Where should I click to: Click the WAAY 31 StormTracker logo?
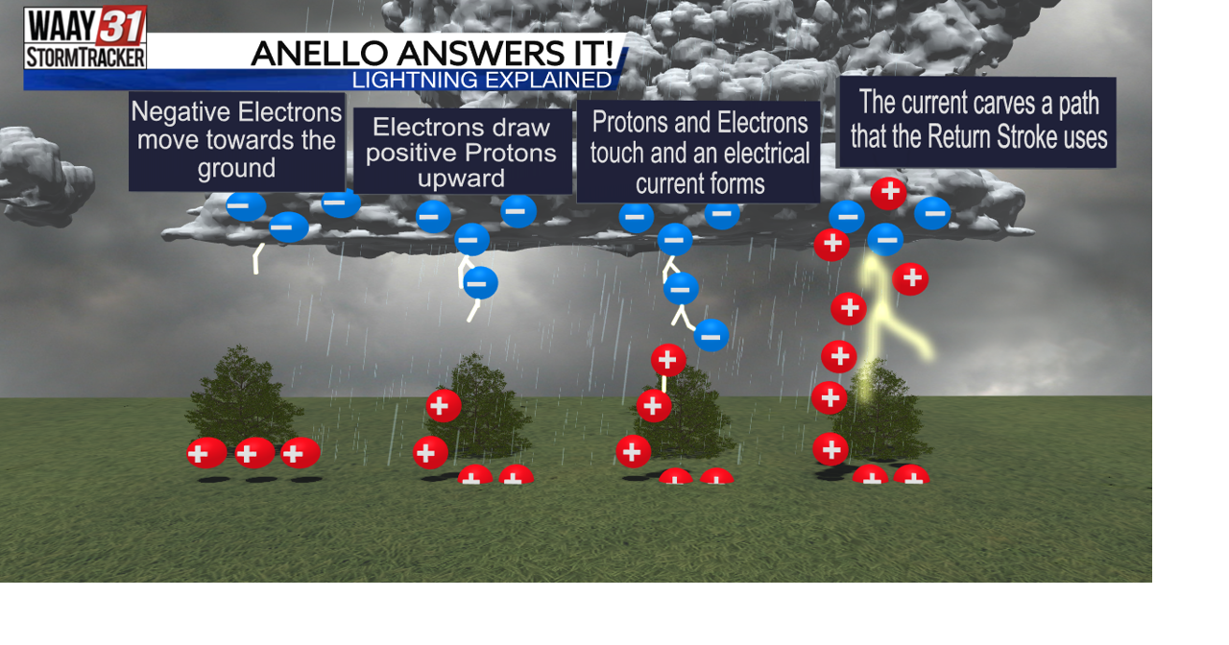pos(85,37)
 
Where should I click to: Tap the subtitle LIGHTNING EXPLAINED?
pos(481,81)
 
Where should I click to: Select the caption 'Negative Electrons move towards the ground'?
pos(236,141)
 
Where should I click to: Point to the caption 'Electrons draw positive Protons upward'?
pos(462,153)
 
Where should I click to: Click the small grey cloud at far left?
pos(43,173)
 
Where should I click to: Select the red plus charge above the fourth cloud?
pos(888,193)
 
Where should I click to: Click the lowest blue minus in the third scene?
pos(711,335)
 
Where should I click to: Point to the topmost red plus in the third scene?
pos(668,360)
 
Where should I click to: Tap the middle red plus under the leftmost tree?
pos(254,452)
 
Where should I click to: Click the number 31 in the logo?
pos(121,24)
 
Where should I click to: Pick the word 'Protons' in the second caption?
pos(510,153)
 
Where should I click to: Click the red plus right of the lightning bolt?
pos(910,279)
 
